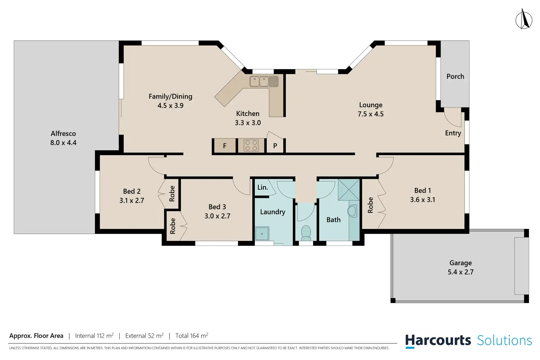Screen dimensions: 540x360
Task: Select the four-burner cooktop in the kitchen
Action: (x=251, y=145)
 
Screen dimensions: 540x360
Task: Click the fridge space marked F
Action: (x=225, y=146)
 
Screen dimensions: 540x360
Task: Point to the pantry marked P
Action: (x=275, y=146)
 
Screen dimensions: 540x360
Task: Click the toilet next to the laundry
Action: (x=306, y=233)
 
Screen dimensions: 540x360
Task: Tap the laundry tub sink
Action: (x=262, y=233)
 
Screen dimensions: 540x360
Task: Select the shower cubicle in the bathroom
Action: (x=349, y=189)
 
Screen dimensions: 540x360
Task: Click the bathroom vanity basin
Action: (x=353, y=211)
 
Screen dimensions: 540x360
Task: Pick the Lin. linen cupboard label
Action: (x=263, y=188)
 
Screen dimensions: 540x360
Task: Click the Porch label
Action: (x=455, y=76)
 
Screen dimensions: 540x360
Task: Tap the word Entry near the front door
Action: (x=453, y=133)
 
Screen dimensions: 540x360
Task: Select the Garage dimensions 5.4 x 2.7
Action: (x=461, y=272)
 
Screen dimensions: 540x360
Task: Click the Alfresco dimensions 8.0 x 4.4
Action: (x=63, y=143)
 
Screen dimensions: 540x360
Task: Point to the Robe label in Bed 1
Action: (x=370, y=205)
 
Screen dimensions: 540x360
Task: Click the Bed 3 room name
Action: (x=217, y=207)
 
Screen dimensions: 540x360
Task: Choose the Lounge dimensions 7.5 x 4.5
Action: (x=371, y=114)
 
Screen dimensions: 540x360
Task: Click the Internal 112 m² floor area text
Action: (x=94, y=336)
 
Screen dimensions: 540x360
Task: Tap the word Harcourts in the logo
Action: (x=438, y=341)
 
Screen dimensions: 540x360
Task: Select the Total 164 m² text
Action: (x=191, y=336)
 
